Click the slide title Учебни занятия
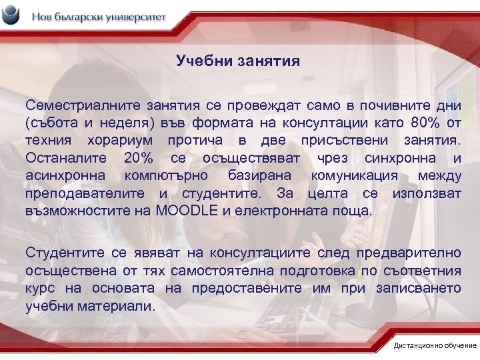(x=238, y=61)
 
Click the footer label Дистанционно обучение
(x=435, y=345)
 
